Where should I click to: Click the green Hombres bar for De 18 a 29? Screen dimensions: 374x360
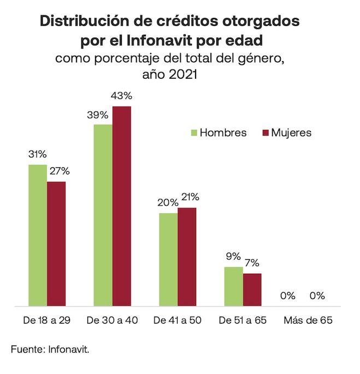pos(38,235)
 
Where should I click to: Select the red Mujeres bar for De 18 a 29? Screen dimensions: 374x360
pos(56,243)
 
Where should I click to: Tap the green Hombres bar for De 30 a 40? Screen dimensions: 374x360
pos(103,215)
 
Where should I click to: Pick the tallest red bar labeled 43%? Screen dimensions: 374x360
pos(122,206)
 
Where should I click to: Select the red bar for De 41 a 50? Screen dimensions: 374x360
pos(187,256)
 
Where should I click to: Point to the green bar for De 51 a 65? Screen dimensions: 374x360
pos(233,286)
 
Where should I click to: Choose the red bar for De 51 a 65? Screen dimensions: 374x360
pos(252,289)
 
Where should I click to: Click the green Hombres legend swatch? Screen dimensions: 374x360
pos(193,133)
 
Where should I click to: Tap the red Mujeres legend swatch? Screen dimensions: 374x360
pos(266,133)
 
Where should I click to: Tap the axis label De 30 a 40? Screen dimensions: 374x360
pos(113,320)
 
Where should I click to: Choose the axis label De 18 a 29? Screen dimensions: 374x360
pos(47,320)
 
